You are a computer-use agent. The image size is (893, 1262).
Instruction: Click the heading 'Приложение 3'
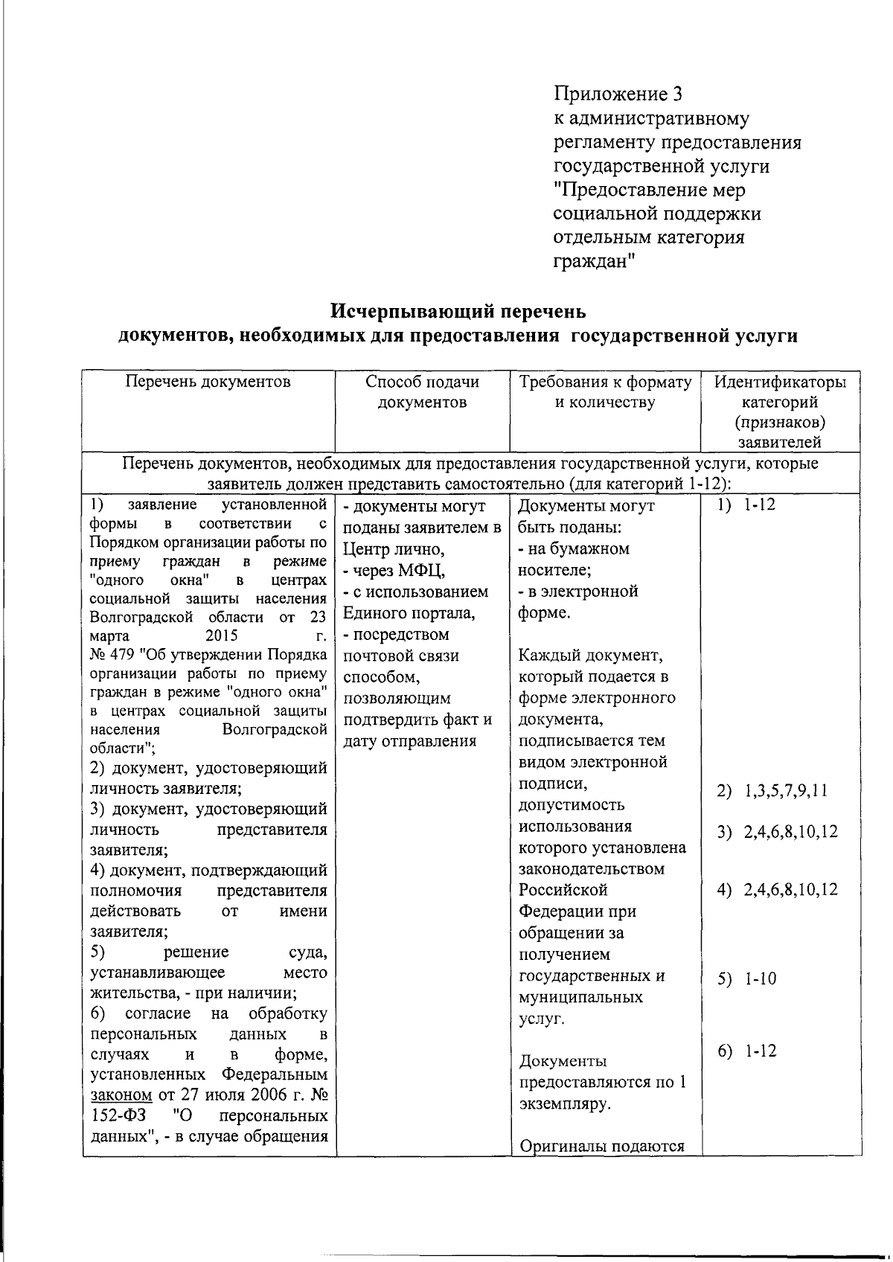pos(618,95)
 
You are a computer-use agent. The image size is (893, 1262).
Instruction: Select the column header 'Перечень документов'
pos(208,382)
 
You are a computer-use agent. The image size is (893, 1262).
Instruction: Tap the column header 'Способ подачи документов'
pos(422,392)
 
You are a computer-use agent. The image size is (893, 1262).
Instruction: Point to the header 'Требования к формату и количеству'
pos(605,392)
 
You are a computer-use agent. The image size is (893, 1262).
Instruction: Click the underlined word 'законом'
pos(121,1096)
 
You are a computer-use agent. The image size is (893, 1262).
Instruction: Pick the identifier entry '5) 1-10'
pos(746,978)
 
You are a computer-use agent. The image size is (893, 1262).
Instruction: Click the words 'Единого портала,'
pos(408,613)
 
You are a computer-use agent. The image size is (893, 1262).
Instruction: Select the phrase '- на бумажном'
pos(573,549)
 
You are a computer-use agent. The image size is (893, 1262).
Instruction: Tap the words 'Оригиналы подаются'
pos(601,1146)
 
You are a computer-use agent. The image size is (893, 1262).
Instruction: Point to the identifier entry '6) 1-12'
pos(746,1051)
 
